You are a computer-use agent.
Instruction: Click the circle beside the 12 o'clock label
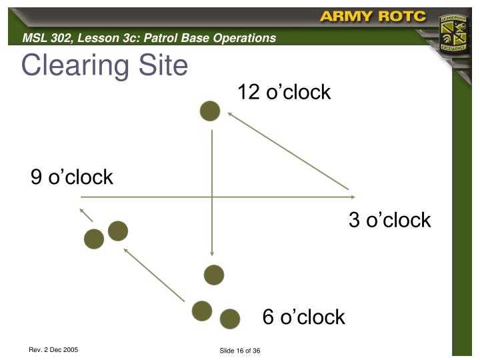pyautogui.click(x=210, y=111)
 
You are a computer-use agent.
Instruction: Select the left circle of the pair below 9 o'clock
pyautogui.click(x=94, y=239)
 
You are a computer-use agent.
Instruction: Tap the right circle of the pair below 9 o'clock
pyautogui.click(x=118, y=231)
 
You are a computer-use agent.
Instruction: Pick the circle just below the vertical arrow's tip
pyautogui.click(x=214, y=275)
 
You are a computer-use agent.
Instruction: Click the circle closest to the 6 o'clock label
pyautogui.click(x=230, y=319)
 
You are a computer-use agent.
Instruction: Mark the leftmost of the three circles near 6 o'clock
pyautogui.click(x=202, y=311)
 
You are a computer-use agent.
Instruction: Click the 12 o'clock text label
pyautogui.click(x=284, y=92)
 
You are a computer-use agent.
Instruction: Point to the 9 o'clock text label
pyautogui.click(x=72, y=177)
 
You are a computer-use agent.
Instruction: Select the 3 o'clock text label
pyautogui.click(x=390, y=220)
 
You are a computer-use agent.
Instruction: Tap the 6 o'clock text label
pyautogui.click(x=304, y=317)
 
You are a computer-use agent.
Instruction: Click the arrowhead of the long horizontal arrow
pyautogui.click(x=352, y=197)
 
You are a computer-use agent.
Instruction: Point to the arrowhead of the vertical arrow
pyautogui.click(x=212, y=253)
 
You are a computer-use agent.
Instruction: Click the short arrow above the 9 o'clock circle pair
pyautogui.click(x=86, y=215)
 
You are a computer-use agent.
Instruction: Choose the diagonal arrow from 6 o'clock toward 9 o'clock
pyautogui.click(x=154, y=274)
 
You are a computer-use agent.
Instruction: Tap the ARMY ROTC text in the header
pyautogui.click(x=373, y=17)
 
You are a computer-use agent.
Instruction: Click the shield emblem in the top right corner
pyautogui.click(x=455, y=34)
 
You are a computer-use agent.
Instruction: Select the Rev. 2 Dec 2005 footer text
pyautogui.click(x=53, y=350)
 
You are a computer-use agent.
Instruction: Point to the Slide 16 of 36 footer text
pyautogui.click(x=239, y=351)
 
